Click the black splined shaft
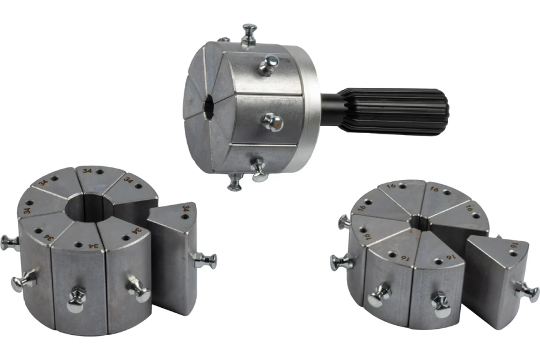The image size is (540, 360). pos(392,111)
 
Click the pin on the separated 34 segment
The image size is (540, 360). pos(205,260)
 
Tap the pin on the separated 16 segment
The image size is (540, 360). pos(527,292)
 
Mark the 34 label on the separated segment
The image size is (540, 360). pos(186,209)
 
